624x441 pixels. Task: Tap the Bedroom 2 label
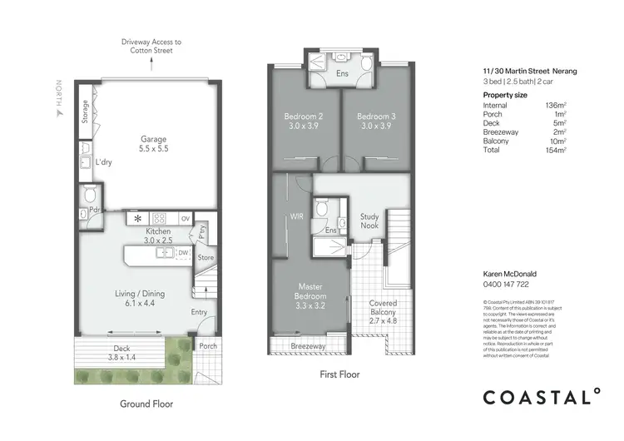(x=300, y=121)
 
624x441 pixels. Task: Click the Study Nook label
(x=369, y=220)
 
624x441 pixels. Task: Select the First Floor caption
(x=339, y=375)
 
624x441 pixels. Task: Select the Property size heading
(x=505, y=96)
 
